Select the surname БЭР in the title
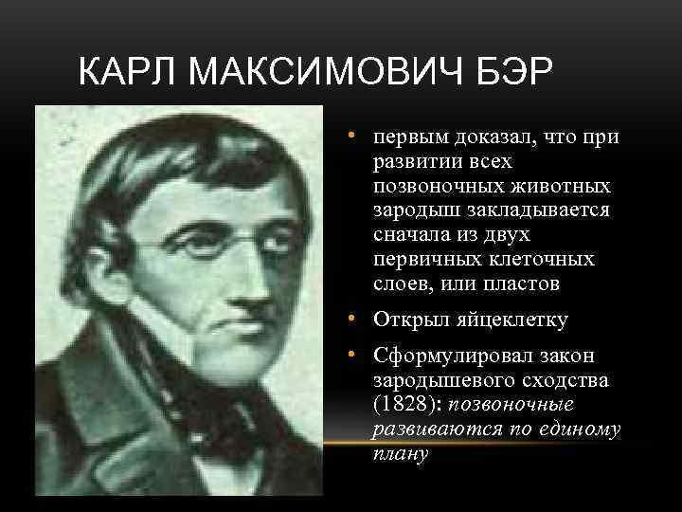517,72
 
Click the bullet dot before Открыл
350,318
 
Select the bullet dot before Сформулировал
350,355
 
